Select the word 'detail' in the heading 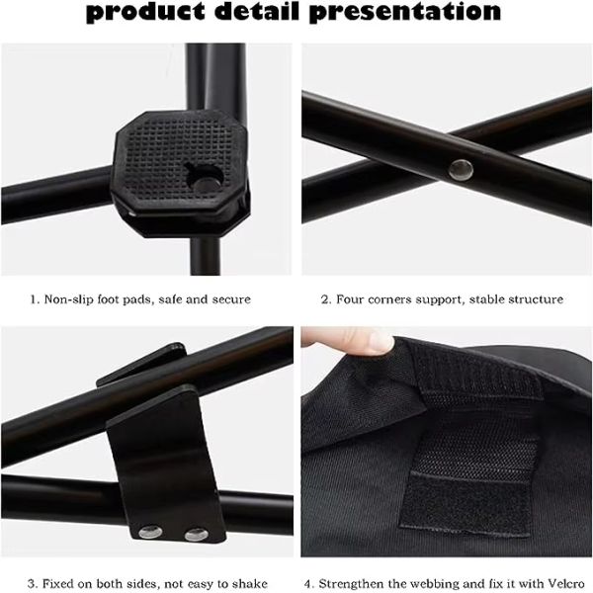[x=257, y=11]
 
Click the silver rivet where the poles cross [x=461, y=170]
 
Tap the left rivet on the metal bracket [x=150, y=533]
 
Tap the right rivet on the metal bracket [x=197, y=535]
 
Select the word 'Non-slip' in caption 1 [x=69, y=299]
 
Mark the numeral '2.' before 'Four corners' [x=326, y=299]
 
